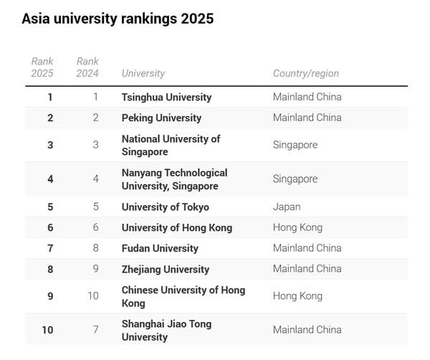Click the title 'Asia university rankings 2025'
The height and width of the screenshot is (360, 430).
pos(118,19)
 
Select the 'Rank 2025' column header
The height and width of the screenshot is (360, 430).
pos(42,67)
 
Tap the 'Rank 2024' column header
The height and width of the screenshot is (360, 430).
pos(87,67)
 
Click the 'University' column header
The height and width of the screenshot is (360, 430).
pos(143,73)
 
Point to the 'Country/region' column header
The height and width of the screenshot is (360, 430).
pos(306,73)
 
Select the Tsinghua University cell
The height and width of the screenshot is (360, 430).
pos(166,97)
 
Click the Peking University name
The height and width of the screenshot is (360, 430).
pos(161,118)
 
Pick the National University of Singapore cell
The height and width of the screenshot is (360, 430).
pos(171,145)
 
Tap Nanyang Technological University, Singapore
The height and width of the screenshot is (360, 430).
pos(174,179)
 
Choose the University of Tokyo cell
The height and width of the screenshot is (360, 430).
pos(166,207)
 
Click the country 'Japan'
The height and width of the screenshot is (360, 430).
pos(287,207)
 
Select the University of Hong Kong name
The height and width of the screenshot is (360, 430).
pos(177,227)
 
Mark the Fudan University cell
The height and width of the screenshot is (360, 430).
pos(160,248)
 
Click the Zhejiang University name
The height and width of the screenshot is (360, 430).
pos(166,269)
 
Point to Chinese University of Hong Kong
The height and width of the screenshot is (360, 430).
pos(183,296)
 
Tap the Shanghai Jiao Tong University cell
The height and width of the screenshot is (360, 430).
pos(166,330)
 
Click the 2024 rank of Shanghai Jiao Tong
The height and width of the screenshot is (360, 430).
pos(95,330)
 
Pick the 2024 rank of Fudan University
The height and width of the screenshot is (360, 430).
pos(95,248)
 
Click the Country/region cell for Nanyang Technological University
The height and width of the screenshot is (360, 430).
pos(295,179)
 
